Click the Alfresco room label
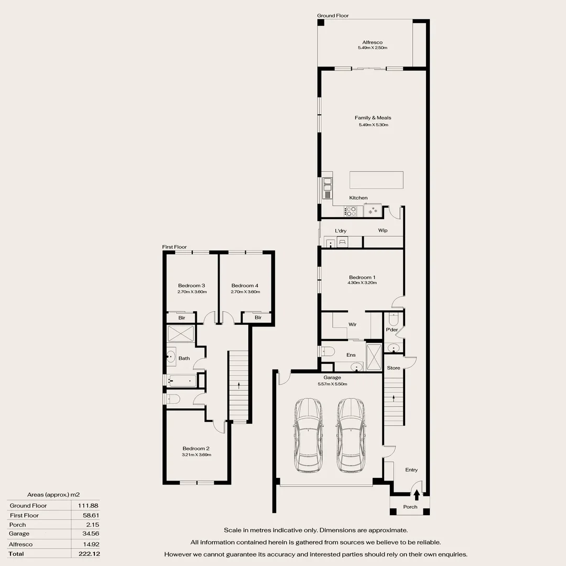(x=372, y=42)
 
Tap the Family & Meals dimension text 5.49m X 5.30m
(x=373, y=125)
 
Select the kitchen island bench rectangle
(x=376, y=180)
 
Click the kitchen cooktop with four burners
(x=351, y=211)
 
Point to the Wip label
(x=383, y=230)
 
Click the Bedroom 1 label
(x=362, y=277)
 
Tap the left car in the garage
(x=308, y=435)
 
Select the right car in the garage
(x=350, y=435)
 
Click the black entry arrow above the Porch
(x=417, y=495)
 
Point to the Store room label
(x=394, y=368)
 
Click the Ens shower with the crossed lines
(x=374, y=357)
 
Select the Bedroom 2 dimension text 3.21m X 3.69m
(x=197, y=455)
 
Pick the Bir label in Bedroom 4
(x=258, y=318)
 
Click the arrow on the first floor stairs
(x=238, y=386)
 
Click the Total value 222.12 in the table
(x=89, y=554)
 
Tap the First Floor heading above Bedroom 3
(x=175, y=247)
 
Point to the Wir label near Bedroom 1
(x=352, y=324)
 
